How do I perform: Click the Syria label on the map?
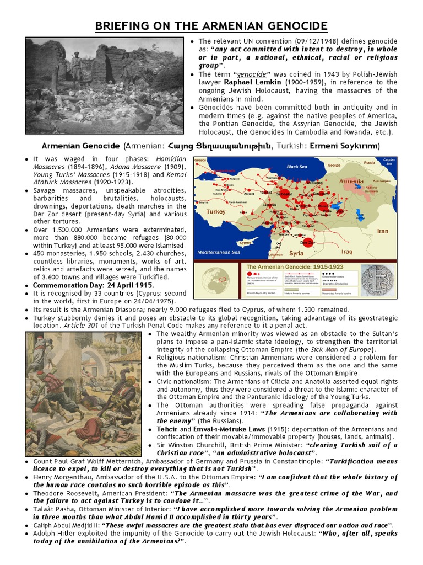(x=296, y=253)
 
